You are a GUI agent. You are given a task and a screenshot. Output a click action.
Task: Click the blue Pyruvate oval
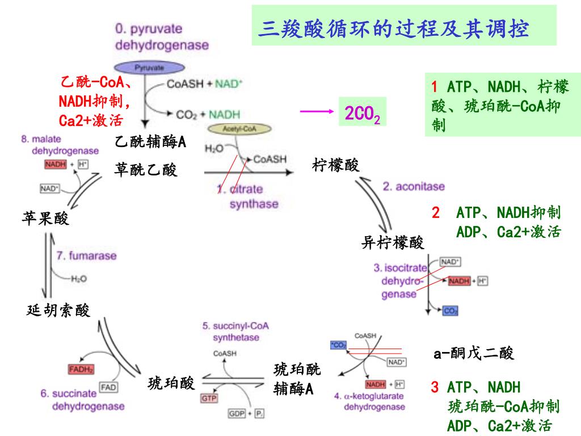pos(149,68)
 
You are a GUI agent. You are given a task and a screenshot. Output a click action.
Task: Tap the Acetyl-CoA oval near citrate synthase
pos(239,129)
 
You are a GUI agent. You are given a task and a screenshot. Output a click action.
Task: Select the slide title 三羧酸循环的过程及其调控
pos(393,28)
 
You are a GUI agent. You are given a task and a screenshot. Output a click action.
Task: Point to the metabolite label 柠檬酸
pos(336,165)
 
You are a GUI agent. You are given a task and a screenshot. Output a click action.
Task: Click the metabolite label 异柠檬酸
pos(393,243)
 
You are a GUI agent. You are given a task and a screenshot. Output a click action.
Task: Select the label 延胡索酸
pos(58,310)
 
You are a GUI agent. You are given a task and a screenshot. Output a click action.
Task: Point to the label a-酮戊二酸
pos(474,354)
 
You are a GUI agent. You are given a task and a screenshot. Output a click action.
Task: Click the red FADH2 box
pos(81,370)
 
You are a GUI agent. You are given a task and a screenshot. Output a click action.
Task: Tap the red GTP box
pos(208,399)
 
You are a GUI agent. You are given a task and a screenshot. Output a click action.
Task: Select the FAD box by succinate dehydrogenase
pos(108,387)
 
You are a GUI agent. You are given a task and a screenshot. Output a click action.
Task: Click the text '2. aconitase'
pos(413,186)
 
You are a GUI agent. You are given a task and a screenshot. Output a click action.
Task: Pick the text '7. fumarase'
pos(86,256)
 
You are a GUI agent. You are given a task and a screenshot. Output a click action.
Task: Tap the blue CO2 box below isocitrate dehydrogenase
pos(450,311)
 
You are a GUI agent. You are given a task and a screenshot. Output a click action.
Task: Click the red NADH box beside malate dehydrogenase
pos(55,165)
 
